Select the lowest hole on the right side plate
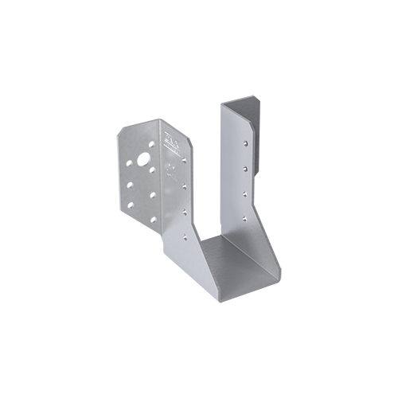tap(244, 218)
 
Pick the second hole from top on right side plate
tap(245, 169)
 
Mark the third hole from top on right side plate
tap(245, 193)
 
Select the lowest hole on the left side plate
tap(184, 237)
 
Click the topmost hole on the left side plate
tap(184, 159)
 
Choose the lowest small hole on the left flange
tap(154, 219)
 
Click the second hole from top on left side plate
tap(184, 186)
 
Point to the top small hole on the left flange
tap(151, 145)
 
